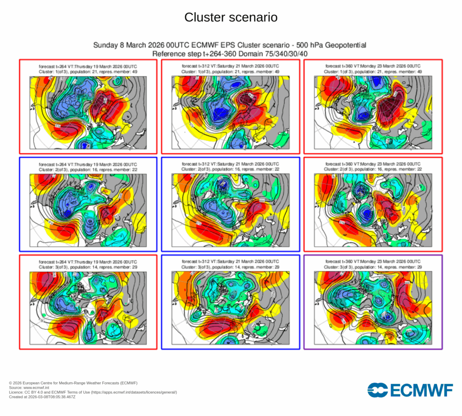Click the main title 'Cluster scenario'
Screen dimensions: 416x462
tap(231, 18)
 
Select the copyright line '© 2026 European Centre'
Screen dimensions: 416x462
tap(73, 383)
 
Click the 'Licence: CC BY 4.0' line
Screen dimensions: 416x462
tap(93, 393)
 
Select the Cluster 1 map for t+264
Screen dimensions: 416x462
tap(88, 112)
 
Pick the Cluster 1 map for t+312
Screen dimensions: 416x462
tap(231, 112)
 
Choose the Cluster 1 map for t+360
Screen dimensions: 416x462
tap(373, 112)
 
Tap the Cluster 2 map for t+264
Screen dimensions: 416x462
tap(88, 210)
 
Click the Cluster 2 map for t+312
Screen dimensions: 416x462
tap(231, 210)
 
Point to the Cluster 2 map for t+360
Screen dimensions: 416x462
tap(373, 210)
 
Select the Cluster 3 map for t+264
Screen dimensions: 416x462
tap(88, 307)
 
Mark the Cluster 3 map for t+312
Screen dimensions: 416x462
tap(231, 307)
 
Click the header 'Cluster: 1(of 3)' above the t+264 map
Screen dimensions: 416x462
tap(88, 72)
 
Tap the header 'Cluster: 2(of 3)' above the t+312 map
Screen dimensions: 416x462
tap(231, 169)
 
